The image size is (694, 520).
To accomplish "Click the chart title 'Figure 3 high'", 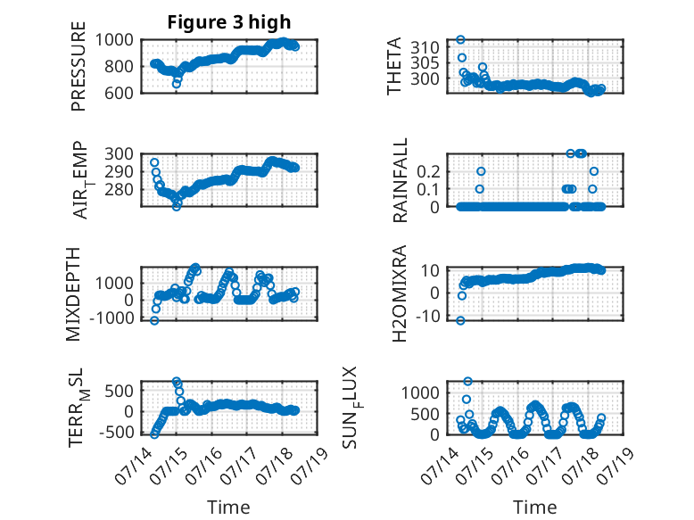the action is click(229, 22).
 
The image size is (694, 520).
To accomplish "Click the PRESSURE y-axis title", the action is click(78, 66).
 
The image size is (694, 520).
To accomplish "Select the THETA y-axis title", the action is click(393, 66).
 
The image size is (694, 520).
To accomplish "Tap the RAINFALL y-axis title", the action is click(400, 180).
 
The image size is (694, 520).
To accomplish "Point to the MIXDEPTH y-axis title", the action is click(73, 293).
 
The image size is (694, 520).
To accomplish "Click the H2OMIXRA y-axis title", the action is click(400, 293).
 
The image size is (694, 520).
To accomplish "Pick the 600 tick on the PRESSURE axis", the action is click(119, 93).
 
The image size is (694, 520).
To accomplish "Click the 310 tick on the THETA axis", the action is click(425, 47).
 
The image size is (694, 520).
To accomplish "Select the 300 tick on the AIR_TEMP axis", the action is click(119, 154).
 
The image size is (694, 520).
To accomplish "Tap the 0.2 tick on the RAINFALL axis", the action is click(428, 171).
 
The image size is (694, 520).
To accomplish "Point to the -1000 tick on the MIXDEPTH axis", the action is click(112, 318).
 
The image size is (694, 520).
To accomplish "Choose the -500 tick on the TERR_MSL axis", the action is click(116, 432).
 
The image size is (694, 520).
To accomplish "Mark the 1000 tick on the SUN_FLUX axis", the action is click(420, 392).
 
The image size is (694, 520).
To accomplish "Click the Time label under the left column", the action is click(229, 508).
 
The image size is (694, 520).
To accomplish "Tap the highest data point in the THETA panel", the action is click(461, 40).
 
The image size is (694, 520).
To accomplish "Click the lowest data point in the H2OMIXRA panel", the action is click(461, 320).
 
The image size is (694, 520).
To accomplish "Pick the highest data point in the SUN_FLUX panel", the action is click(467, 381).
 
